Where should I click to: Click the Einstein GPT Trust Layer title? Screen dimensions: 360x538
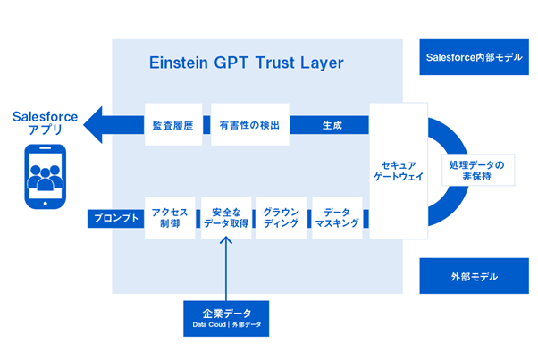pyautogui.click(x=245, y=63)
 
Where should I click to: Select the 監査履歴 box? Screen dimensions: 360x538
pyautogui.click(x=173, y=125)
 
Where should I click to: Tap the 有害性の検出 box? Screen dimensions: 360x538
pyautogui.click(x=249, y=125)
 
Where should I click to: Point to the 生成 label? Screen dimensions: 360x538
pyautogui.click(x=332, y=125)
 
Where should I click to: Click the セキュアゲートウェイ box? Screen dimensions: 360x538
pyautogui.click(x=399, y=170)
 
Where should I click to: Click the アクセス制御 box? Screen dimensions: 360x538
pyautogui.click(x=170, y=217)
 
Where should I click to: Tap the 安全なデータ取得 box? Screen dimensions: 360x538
pyautogui.click(x=224, y=217)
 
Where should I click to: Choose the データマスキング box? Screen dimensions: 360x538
pyautogui.click(x=337, y=217)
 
